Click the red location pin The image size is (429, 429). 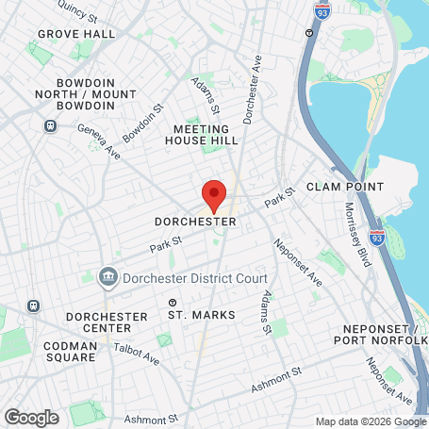tap(213, 195)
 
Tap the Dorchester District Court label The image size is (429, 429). tap(194, 277)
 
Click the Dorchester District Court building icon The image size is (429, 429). tap(107, 277)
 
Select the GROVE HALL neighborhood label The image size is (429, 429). tap(76, 34)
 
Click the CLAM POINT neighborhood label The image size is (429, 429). tap(345, 187)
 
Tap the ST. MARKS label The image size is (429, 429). tap(202, 315)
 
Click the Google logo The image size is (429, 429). tap(30, 417)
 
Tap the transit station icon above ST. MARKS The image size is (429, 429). tap(173, 303)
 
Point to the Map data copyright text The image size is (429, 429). tap(371, 421)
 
